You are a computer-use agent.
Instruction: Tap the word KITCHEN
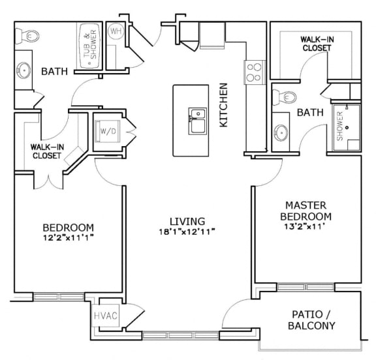click(x=223, y=104)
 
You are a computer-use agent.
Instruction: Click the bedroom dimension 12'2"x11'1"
click(x=69, y=238)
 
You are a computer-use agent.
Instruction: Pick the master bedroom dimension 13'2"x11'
click(x=305, y=227)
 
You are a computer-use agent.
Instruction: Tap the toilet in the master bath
click(x=286, y=98)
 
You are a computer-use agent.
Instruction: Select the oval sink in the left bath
click(x=24, y=69)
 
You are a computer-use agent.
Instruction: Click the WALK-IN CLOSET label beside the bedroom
click(x=46, y=151)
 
